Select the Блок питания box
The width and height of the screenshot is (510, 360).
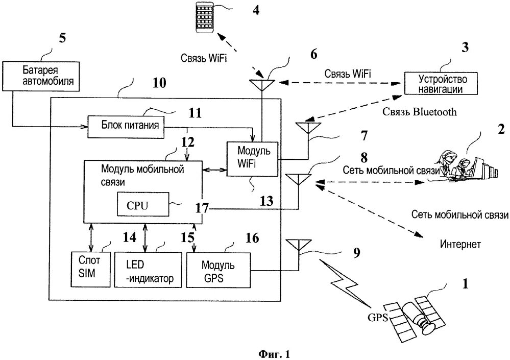126,127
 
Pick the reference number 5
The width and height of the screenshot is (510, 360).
62,37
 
